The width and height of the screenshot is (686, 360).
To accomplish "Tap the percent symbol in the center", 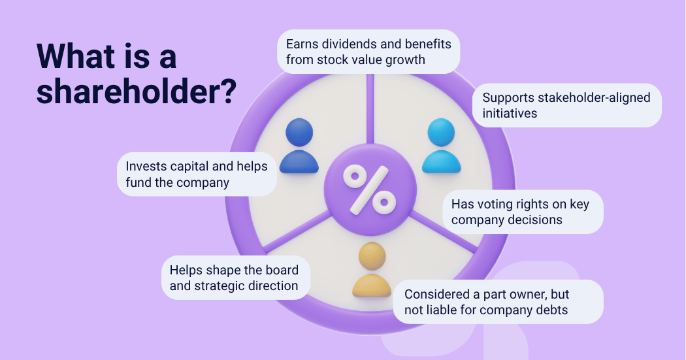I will [x=369, y=189].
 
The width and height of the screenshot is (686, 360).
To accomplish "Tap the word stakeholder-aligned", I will [x=591, y=97].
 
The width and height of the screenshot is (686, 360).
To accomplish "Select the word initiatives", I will [x=510, y=113].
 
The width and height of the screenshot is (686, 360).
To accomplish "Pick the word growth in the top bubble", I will [x=408, y=59].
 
